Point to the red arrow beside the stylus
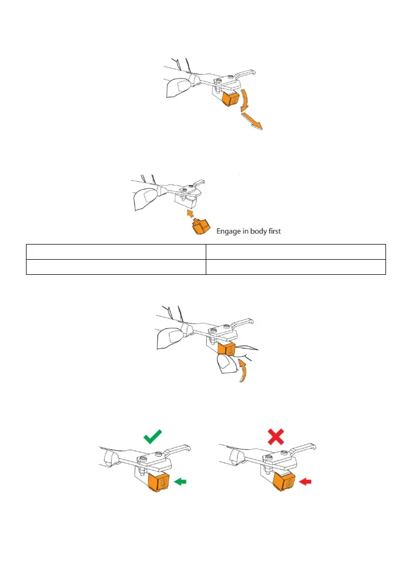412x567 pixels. (x=306, y=480)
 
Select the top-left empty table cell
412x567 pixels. (x=116, y=252)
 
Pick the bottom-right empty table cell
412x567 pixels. (x=296, y=267)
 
